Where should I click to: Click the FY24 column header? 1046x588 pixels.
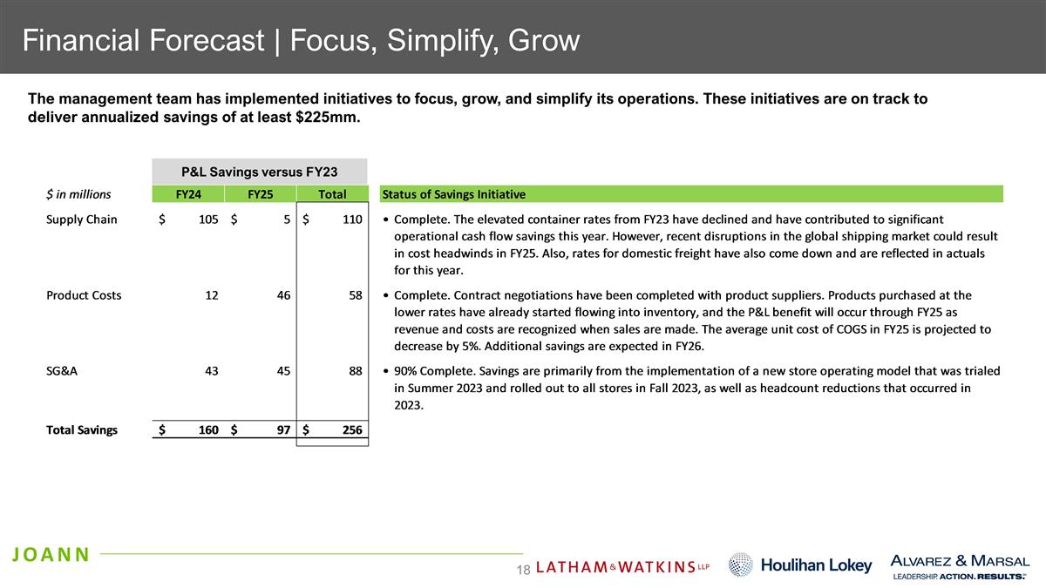click(x=187, y=194)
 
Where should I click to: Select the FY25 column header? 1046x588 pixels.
click(x=260, y=194)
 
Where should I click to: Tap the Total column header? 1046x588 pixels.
click(x=332, y=194)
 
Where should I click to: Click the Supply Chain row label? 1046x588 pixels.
click(x=81, y=220)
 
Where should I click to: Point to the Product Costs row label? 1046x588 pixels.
click(x=84, y=295)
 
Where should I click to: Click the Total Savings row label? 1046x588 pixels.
click(x=82, y=429)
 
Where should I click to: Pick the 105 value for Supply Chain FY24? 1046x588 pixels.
click(x=207, y=220)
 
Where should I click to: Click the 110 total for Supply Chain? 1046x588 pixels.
click(x=351, y=220)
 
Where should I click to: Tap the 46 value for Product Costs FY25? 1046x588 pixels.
click(x=282, y=295)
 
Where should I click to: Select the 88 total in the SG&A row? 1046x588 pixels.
click(x=354, y=370)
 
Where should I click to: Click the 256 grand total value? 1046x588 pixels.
click(x=351, y=429)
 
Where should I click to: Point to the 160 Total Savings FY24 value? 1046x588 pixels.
click(x=207, y=429)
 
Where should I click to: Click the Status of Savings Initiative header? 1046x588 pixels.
click(x=453, y=194)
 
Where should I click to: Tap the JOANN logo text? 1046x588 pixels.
click(x=51, y=554)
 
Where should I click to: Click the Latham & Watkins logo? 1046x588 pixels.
click(x=621, y=567)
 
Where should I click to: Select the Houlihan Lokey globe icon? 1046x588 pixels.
click(x=740, y=564)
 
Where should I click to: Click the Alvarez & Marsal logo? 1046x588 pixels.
click(x=959, y=564)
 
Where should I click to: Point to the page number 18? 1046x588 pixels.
click(x=523, y=569)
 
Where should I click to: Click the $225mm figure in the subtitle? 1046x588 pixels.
click(x=329, y=118)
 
